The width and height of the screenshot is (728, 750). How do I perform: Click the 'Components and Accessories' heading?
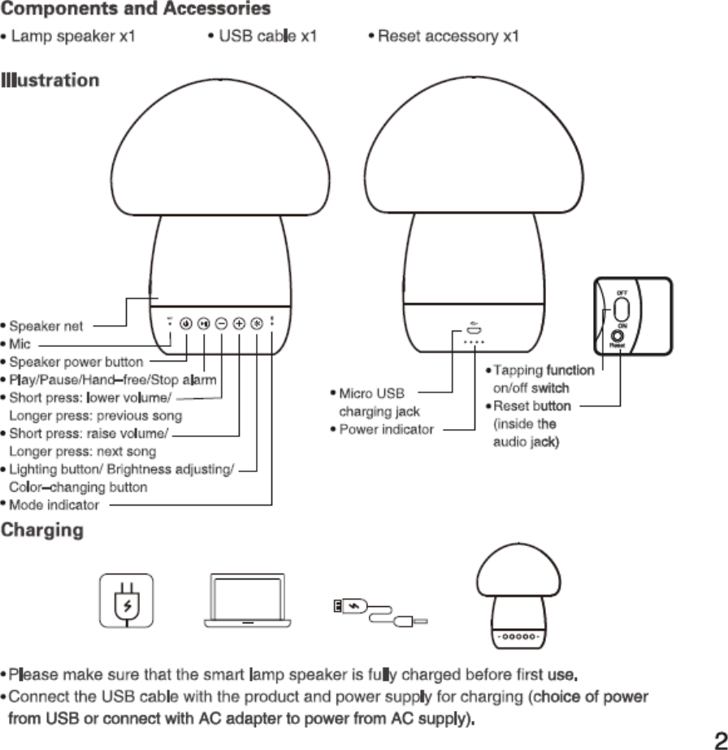click(136, 10)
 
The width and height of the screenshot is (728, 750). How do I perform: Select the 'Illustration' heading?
click(50, 80)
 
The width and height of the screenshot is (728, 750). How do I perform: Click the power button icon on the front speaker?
click(186, 322)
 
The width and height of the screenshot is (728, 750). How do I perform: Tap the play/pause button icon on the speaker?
click(204, 322)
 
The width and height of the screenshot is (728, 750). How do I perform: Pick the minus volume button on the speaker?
click(222, 322)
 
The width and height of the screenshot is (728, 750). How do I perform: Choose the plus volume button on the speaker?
click(239, 322)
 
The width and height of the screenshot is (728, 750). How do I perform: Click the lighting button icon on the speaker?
click(256, 322)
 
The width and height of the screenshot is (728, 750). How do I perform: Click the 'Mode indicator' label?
click(54, 505)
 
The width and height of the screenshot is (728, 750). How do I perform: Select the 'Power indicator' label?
click(386, 429)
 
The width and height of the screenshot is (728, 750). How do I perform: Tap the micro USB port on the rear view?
click(474, 329)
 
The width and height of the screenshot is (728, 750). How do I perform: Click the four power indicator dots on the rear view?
click(474, 342)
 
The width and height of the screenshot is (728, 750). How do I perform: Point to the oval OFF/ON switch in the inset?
click(622, 310)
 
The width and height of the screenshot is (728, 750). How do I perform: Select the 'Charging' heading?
click(42, 531)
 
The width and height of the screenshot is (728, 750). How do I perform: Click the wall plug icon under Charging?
click(127, 601)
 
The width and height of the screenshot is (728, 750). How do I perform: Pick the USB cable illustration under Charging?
click(380, 612)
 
